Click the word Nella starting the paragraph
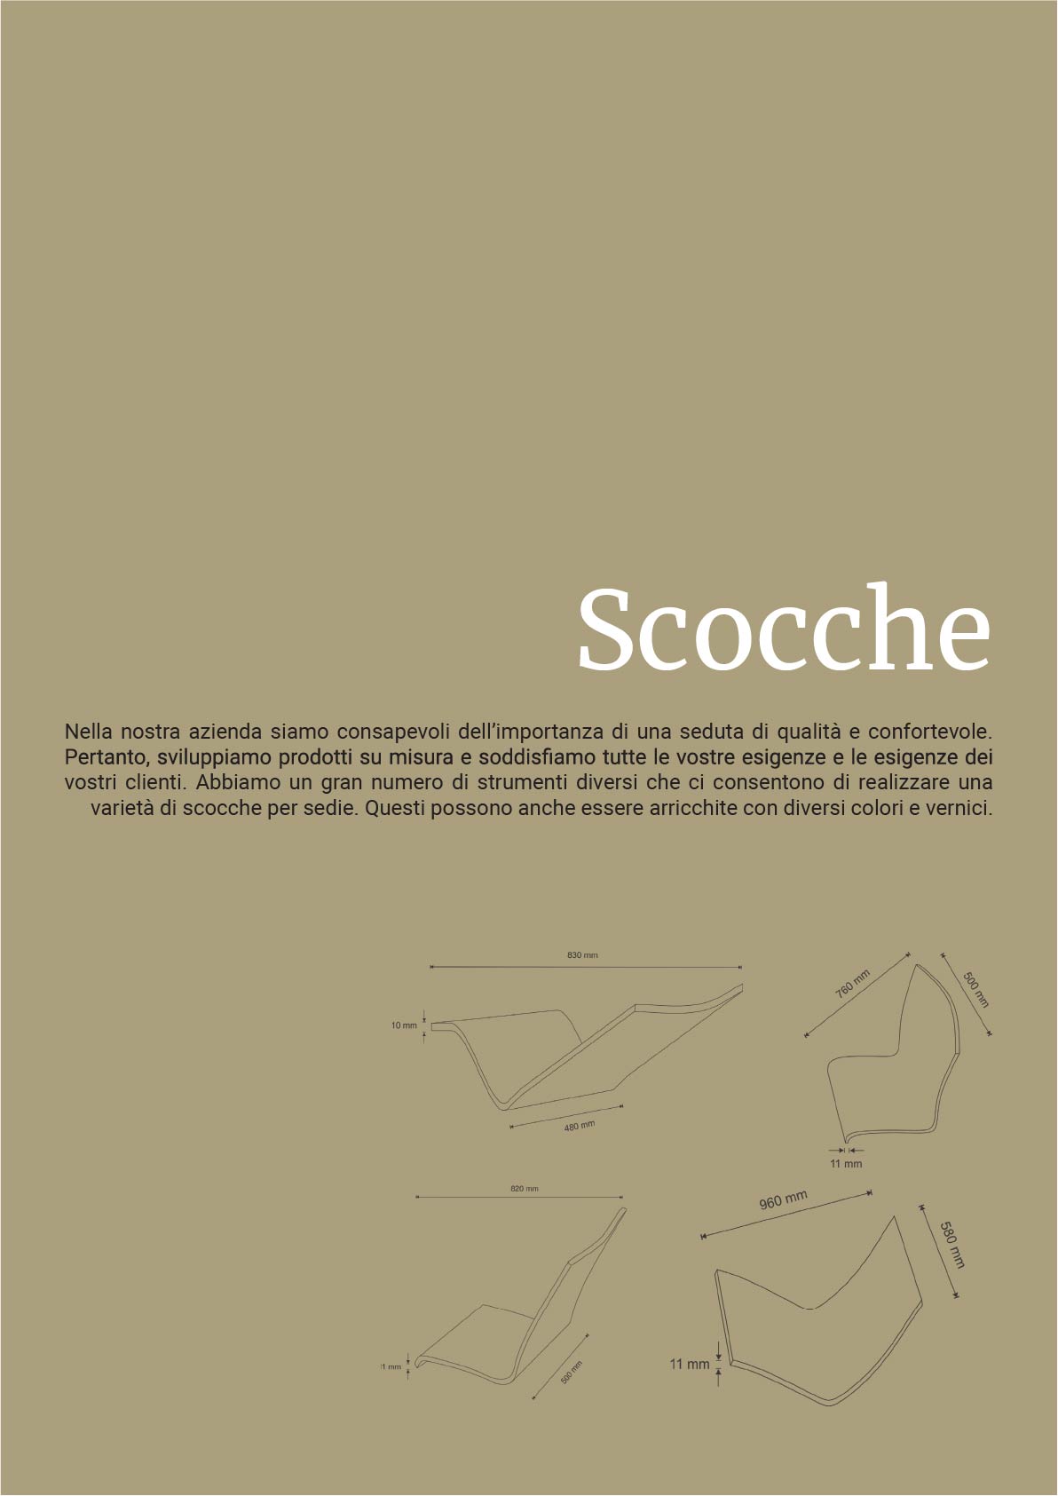point(86,732)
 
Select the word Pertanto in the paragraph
point(102,758)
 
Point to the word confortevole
point(928,732)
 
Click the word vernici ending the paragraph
point(960,809)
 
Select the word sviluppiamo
point(217,758)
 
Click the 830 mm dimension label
point(582,955)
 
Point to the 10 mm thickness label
point(404,1025)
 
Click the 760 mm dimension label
point(853,984)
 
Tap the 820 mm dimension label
point(525,1188)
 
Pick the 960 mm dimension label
point(783,1200)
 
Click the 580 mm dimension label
point(951,1245)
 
